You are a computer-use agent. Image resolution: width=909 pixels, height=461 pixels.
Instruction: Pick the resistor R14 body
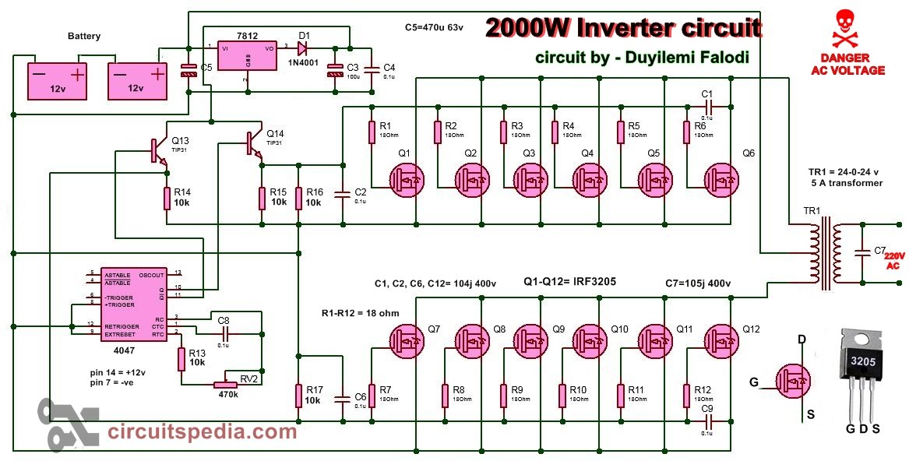coord(167,198)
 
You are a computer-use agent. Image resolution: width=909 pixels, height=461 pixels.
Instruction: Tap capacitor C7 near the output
coord(861,253)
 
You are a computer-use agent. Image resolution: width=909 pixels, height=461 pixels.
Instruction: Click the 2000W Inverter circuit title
coord(623,29)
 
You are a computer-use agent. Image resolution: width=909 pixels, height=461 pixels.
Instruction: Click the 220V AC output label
coord(894,260)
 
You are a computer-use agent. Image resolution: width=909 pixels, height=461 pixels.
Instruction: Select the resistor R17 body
coord(298,395)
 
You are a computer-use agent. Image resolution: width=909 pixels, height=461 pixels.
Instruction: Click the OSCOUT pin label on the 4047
coord(151,274)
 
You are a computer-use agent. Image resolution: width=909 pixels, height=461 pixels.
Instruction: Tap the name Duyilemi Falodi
coord(687,57)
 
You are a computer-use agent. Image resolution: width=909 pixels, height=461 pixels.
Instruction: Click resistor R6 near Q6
coord(687,132)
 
